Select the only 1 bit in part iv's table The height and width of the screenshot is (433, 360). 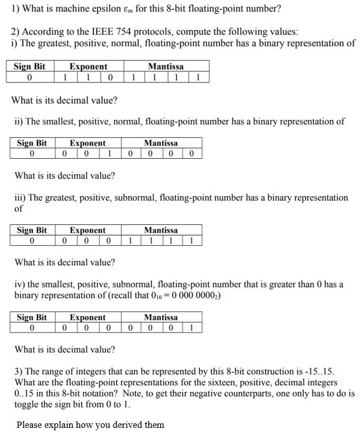[191, 328]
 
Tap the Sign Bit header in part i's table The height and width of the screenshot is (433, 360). [29, 67]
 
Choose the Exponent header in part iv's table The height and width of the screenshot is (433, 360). [88, 317]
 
